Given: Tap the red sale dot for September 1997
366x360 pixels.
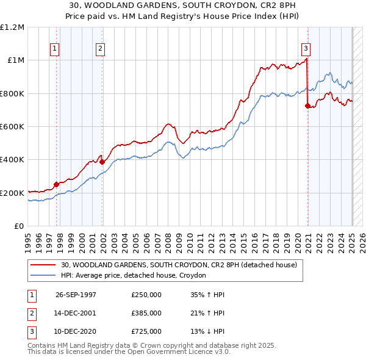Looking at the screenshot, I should click(56, 184).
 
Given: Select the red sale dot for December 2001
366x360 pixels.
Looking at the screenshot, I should click(102, 162).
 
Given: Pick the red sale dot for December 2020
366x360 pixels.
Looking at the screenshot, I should click(307, 106).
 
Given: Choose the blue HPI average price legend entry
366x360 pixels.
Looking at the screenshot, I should click(134, 276).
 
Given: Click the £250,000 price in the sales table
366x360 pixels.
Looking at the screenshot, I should click(146, 294).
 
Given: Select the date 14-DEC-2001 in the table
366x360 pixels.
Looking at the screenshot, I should click(76, 313).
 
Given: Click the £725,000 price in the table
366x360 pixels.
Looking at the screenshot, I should click(146, 331).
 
